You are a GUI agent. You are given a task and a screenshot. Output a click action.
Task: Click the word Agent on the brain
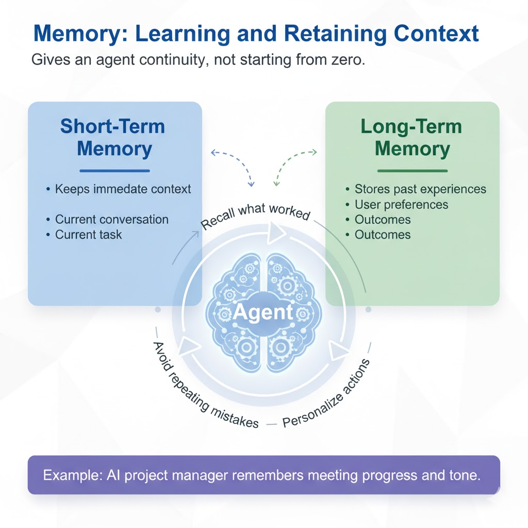point(263,312)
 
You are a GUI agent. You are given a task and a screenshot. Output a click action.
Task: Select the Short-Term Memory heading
point(114,137)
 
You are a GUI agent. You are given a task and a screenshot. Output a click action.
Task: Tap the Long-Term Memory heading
point(412,137)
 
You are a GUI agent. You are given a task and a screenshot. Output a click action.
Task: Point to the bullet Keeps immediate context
point(123,189)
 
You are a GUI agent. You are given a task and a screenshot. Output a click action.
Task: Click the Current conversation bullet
point(111,219)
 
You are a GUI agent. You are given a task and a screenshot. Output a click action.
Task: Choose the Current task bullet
point(88,235)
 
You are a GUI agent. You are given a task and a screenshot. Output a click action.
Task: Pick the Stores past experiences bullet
point(420,189)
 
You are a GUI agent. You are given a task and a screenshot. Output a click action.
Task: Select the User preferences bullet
point(401,205)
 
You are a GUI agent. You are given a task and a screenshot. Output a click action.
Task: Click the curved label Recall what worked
point(255,215)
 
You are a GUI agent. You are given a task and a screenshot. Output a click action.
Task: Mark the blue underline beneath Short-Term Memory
point(114,171)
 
